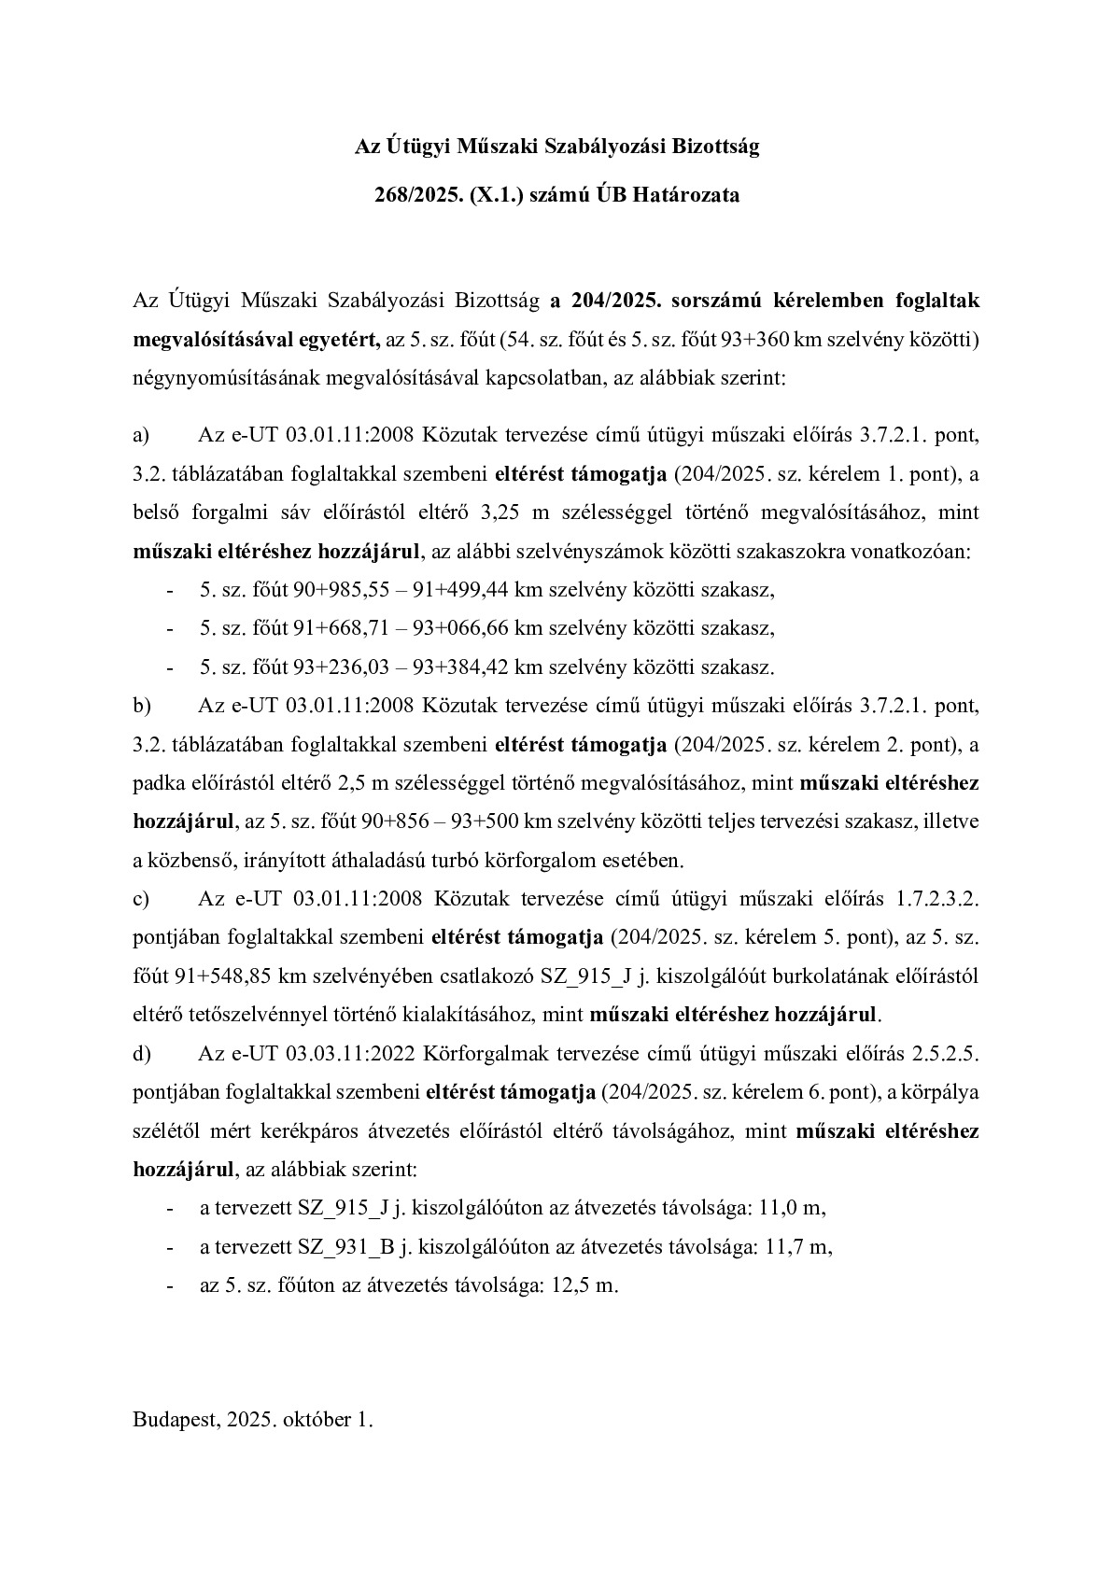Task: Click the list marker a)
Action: [142, 435]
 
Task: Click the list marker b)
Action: [143, 706]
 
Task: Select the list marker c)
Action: [142, 898]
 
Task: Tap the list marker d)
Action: [143, 1054]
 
